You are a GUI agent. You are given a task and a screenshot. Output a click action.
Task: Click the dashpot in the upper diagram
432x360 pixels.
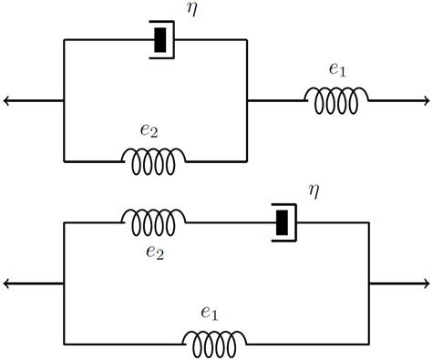pos(162,39)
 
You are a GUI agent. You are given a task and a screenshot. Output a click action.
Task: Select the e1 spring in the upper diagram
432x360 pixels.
pos(336,101)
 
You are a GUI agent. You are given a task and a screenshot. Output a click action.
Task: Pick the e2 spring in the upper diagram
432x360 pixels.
pos(153,161)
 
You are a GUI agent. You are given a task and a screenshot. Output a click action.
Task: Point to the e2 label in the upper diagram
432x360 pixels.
pos(150,130)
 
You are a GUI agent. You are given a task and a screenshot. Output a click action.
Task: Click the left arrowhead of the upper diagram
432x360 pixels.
pos(7,100)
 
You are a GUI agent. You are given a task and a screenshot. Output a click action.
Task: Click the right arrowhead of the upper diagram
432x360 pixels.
pos(425,100)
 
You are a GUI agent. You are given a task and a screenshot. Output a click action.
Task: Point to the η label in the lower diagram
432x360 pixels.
pos(314,192)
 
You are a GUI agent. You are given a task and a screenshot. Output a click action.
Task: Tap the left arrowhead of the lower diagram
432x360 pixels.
pos(7,283)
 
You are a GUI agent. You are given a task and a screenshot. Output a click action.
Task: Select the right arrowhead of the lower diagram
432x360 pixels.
pos(425,283)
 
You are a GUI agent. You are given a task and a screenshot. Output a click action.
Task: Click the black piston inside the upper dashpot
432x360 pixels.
pos(162,39)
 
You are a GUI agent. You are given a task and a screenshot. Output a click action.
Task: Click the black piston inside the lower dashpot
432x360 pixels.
pos(283,221)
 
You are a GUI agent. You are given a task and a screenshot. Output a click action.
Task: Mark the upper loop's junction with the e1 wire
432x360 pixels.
pos(247,100)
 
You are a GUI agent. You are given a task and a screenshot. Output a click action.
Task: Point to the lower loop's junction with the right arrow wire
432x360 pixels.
pos(369,283)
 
